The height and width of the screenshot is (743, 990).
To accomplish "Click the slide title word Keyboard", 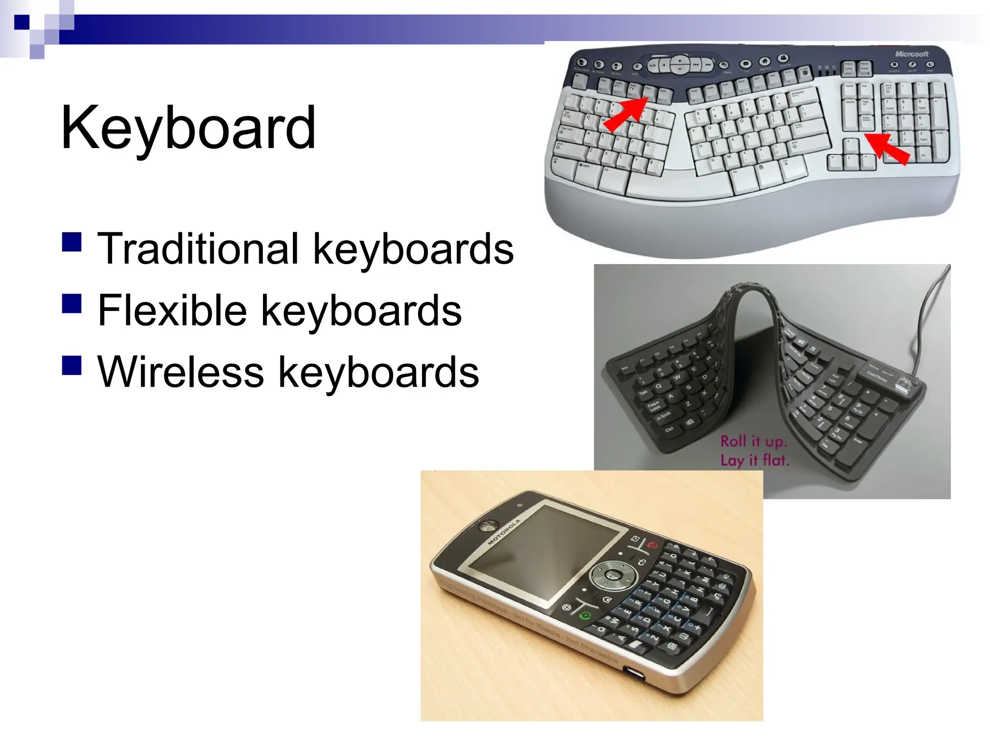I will point(188,128).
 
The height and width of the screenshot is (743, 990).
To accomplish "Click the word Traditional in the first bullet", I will point(198,249).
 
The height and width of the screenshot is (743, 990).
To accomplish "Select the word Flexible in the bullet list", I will point(172,311).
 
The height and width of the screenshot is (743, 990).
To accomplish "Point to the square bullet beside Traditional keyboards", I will point(72,242).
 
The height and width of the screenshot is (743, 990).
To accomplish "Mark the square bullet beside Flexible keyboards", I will point(72,304).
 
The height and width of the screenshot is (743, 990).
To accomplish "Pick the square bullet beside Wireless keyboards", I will point(72,365).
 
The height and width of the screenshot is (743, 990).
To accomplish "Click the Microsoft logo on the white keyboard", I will point(912,54).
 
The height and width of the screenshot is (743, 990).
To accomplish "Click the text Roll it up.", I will point(754,441).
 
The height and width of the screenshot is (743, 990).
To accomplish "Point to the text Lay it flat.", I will point(755,460).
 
